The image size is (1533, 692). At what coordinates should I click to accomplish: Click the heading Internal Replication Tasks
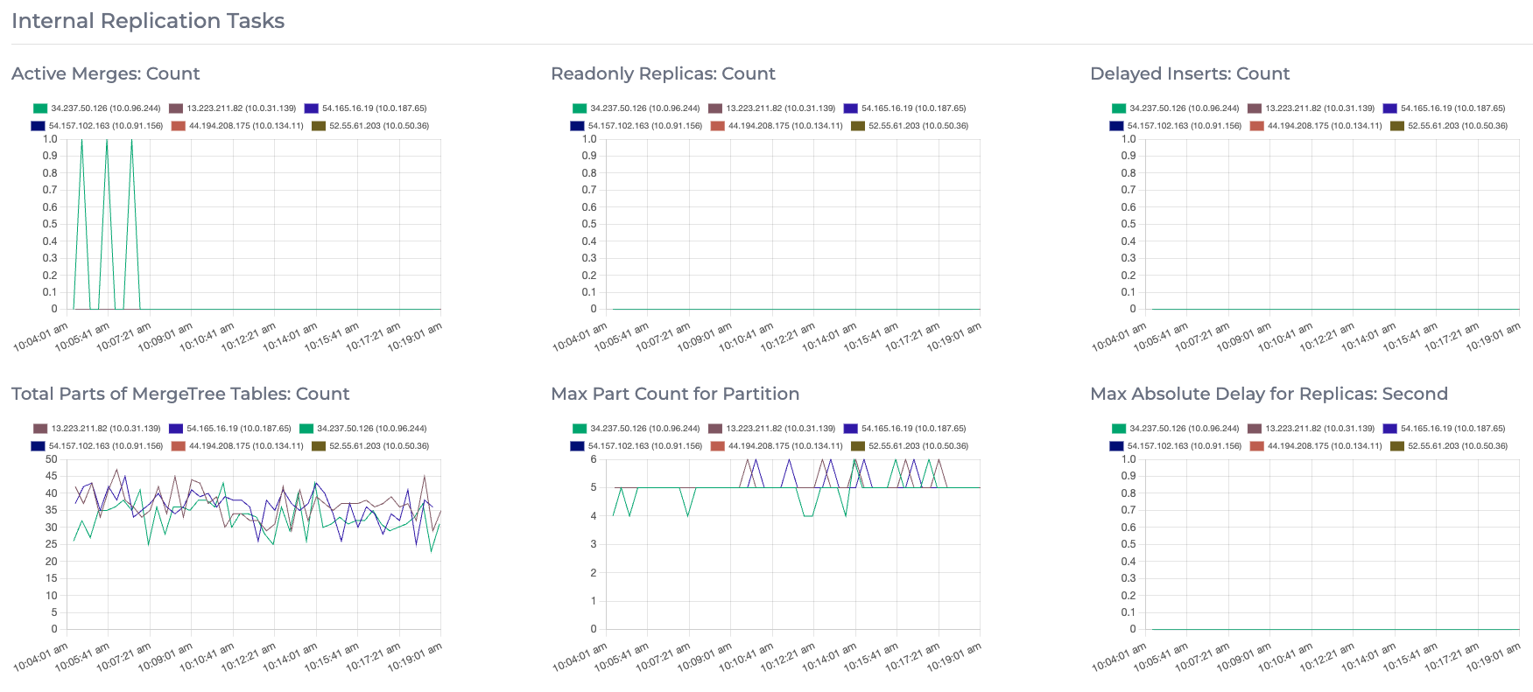point(148,21)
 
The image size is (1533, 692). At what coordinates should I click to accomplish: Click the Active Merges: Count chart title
point(105,73)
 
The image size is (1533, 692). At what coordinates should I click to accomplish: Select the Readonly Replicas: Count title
point(663,73)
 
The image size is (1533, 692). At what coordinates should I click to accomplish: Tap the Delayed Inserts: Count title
point(1190,73)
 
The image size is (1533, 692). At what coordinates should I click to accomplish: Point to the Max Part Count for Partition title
point(674,394)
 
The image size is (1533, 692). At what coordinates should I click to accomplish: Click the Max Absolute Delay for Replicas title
point(1269,394)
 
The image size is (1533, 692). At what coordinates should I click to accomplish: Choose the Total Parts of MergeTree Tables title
point(180,394)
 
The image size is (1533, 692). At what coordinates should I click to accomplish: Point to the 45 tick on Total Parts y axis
point(51,476)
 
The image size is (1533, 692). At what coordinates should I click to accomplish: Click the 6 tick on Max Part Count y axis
point(593,459)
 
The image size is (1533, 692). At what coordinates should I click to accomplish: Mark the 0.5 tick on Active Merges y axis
point(50,224)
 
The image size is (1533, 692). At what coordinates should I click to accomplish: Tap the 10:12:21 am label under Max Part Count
point(788,658)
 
